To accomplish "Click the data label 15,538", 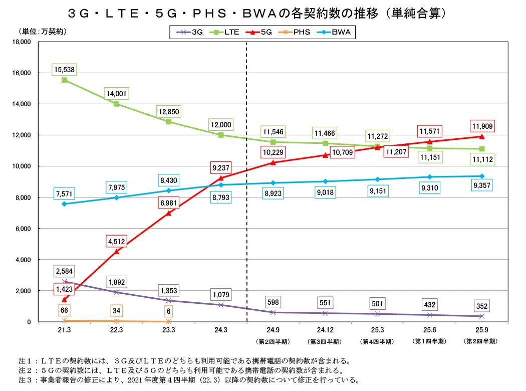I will tap(65, 70).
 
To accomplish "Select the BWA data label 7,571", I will tap(65, 194).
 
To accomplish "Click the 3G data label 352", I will tap(482, 306).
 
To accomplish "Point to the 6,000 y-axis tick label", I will tap(23, 229).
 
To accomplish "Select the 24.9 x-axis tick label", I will tap(273, 330).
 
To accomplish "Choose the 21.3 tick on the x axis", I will tap(65, 330).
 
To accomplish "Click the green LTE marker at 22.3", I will tap(116, 104).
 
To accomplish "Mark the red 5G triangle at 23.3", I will tap(169, 213).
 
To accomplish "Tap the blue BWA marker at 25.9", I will tap(482, 176).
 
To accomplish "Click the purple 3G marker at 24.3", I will tap(221, 305).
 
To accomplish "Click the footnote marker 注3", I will tap(25, 380).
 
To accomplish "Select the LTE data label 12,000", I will tap(221, 125).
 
